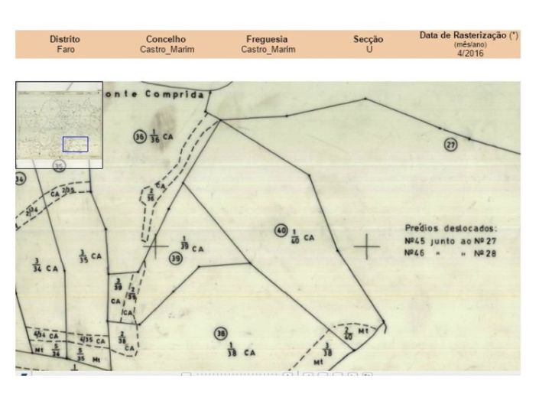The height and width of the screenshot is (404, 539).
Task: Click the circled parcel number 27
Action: click(450, 145)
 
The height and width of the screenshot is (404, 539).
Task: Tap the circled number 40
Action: click(281, 230)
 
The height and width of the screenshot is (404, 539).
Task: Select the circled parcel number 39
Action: click(175, 259)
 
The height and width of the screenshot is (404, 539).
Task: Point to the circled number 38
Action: click(221, 334)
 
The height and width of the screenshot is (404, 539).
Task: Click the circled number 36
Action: click(140, 137)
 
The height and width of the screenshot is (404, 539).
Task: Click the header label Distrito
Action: click(65, 39)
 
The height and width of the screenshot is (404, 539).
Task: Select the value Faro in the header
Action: click(65, 49)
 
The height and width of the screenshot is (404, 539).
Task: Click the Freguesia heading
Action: click(267, 39)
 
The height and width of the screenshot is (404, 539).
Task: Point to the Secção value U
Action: click(369, 49)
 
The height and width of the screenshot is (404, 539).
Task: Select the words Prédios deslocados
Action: click(450, 228)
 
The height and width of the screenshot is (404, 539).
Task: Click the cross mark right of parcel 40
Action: click(367, 246)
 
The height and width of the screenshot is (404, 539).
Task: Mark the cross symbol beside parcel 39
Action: click(155, 246)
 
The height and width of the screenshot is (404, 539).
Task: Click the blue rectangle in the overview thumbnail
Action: click(75, 144)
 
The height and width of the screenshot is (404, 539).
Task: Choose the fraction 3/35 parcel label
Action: click(82, 255)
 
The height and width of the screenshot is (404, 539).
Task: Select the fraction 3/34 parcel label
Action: click(37, 267)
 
